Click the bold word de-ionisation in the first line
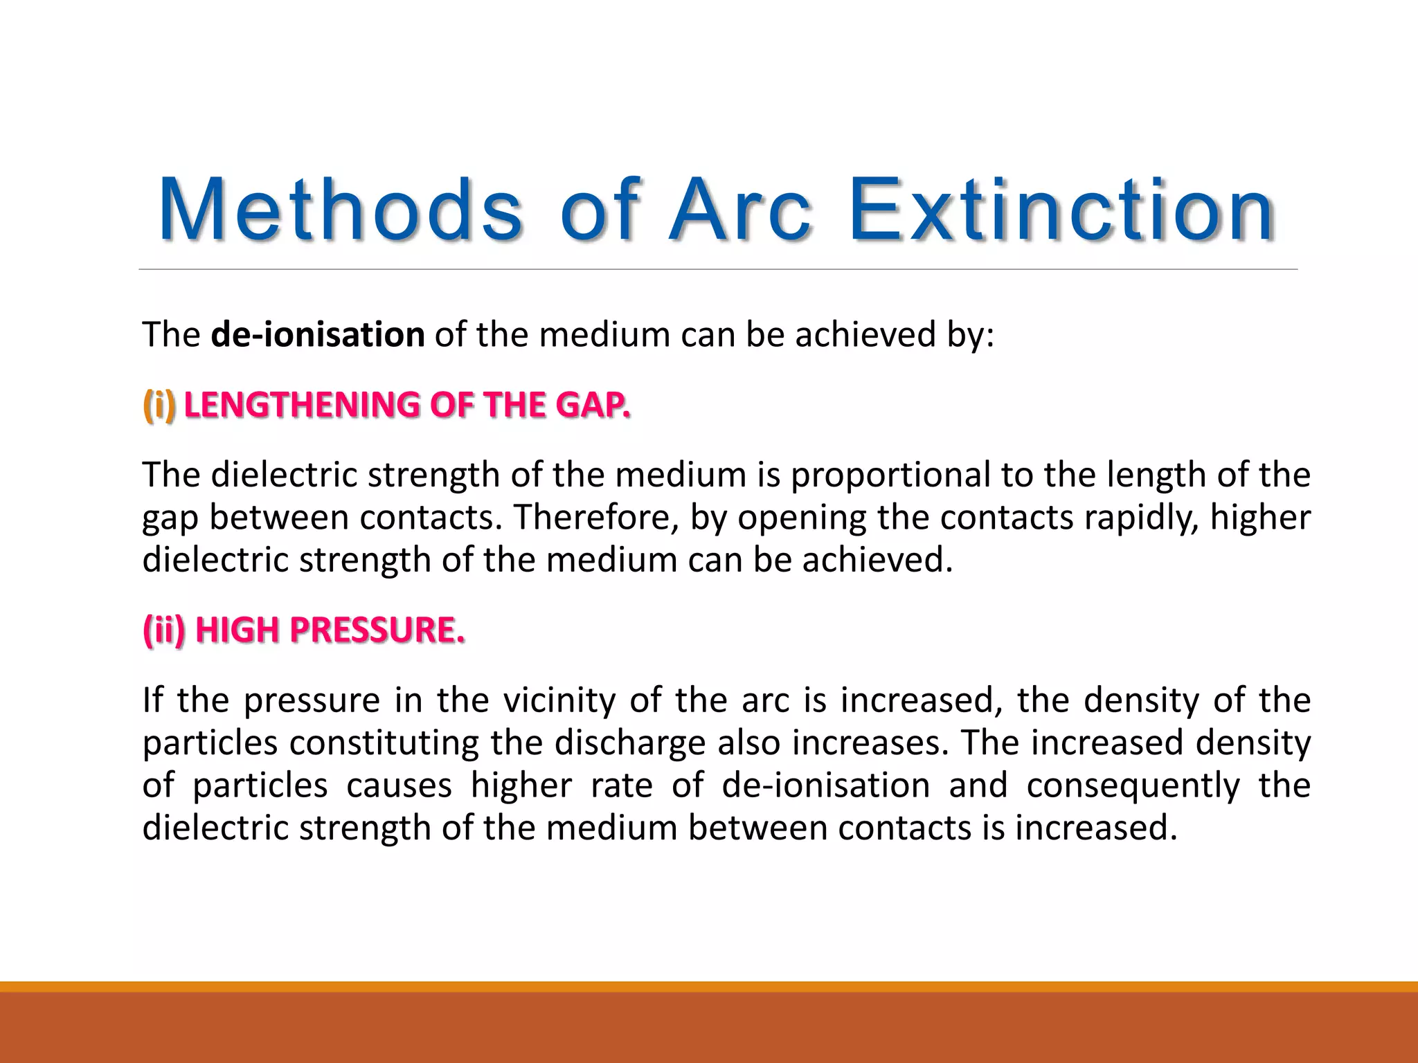pos(318,335)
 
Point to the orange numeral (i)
pos(159,405)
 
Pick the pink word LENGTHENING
pos(302,405)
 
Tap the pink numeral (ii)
pos(164,630)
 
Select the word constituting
pos(384,743)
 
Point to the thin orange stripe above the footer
pos(709,986)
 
